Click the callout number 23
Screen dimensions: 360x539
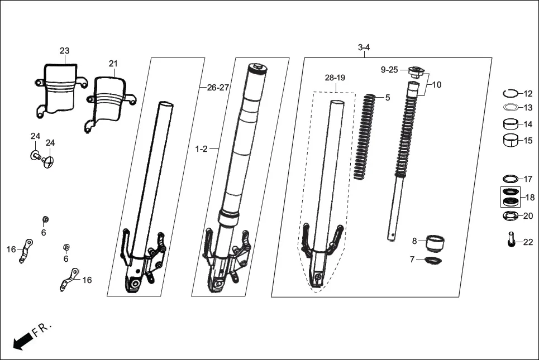click(65, 51)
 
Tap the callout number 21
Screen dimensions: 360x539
click(113, 64)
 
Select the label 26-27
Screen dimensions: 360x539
click(218, 88)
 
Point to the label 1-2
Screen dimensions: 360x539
click(201, 149)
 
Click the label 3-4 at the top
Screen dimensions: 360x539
click(364, 47)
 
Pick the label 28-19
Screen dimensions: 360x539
click(335, 78)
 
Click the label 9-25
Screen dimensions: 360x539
click(389, 70)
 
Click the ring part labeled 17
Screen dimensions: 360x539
click(509, 179)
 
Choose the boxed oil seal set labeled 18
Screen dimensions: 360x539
click(509, 197)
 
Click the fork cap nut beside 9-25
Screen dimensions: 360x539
click(414, 72)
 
